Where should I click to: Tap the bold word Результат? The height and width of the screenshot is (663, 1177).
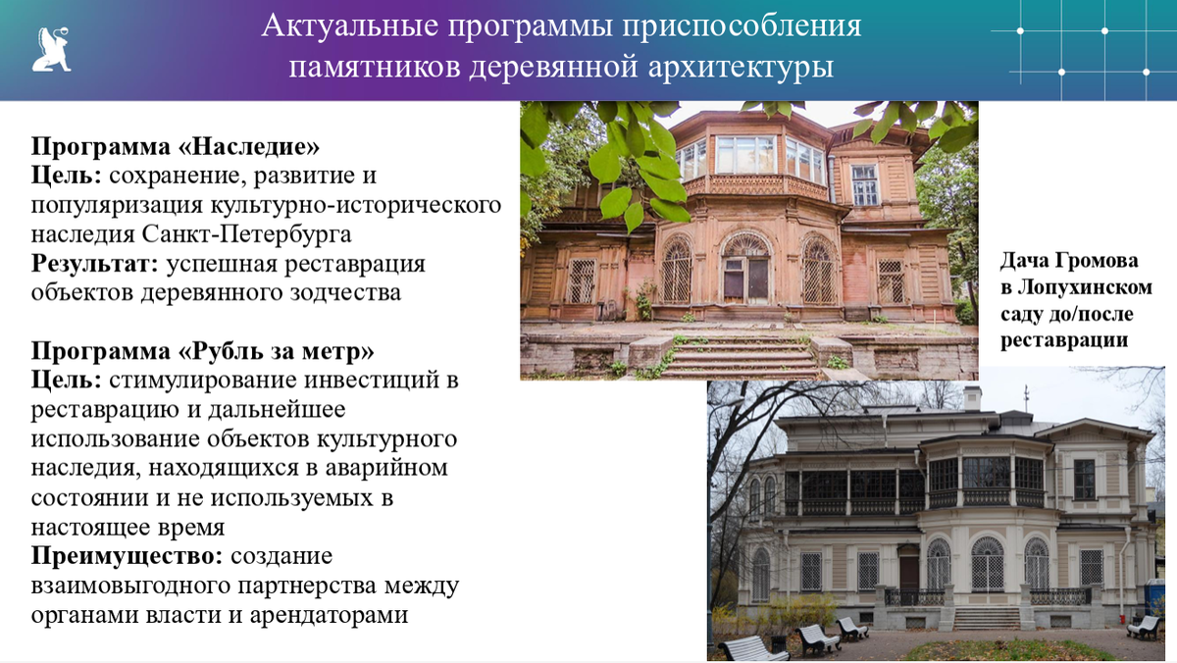tap(95, 264)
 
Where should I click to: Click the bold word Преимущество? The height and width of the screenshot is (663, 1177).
tap(127, 556)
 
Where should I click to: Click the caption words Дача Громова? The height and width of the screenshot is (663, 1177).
tap(1069, 261)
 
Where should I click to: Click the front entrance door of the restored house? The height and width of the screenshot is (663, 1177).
tap(909, 574)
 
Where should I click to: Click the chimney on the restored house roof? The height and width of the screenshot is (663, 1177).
tap(971, 397)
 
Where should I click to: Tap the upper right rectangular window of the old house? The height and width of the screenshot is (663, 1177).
tap(864, 184)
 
